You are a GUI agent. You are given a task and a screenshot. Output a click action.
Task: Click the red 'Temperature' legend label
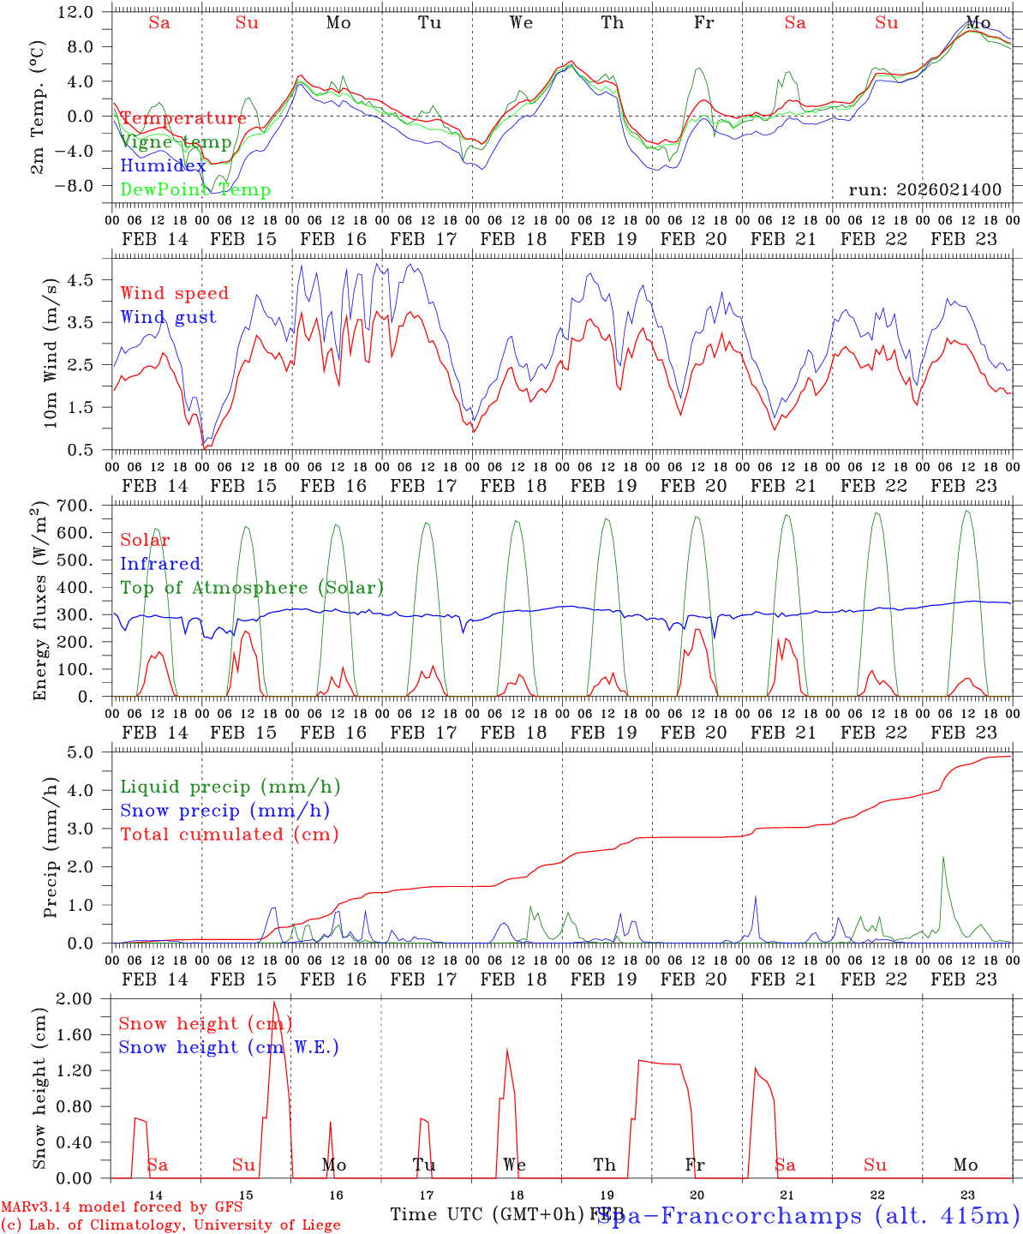[x=183, y=118]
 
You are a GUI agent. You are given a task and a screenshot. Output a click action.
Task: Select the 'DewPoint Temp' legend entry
[x=195, y=189]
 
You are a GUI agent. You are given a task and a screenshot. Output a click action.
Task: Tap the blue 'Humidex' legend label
[x=163, y=166]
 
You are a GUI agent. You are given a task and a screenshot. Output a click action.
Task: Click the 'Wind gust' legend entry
[x=168, y=317]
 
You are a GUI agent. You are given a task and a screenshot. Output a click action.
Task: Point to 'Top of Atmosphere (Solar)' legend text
[x=251, y=588]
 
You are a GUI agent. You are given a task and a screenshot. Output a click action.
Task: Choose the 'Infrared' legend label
[x=160, y=564]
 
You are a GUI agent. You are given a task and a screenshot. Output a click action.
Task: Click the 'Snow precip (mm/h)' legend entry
[x=224, y=811]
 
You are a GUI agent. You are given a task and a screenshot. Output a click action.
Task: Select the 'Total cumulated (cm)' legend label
[x=229, y=834]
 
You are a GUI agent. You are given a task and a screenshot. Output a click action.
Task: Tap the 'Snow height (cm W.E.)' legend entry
[x=229, y=1047]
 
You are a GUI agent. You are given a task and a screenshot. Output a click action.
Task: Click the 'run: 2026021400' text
[x=924, y=189]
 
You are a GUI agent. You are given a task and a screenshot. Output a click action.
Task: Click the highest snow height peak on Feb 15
[x=274, y=1001]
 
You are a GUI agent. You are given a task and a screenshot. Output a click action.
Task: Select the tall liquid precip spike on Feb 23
[x=943, y=857]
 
